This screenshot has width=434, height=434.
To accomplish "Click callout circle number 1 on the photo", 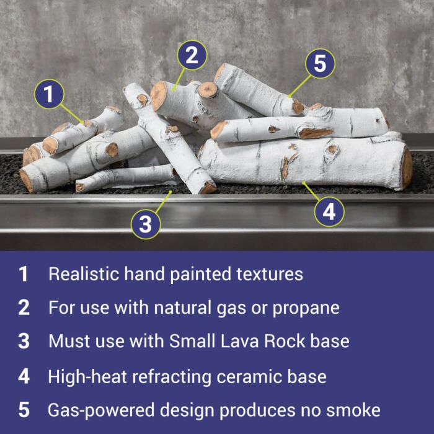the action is point(49,94).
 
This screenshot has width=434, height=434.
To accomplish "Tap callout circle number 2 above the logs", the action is point(192,55).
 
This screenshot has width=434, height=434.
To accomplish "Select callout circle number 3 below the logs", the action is point(146,224).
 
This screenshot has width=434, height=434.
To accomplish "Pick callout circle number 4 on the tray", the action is point(329,212).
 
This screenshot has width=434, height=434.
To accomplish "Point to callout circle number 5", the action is point(321,63).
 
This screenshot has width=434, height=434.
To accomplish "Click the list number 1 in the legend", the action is point(24,274).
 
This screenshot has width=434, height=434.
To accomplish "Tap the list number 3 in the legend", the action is point(24,341).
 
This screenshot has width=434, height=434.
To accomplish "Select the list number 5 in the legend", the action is point(24,410).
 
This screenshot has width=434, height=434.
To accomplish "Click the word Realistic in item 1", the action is point(84,274).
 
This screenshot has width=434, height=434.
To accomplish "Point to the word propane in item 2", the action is point(306,309).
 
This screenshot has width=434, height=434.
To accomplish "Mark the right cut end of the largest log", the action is point(406,169).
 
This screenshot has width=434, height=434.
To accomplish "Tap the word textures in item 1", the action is point(270,274).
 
